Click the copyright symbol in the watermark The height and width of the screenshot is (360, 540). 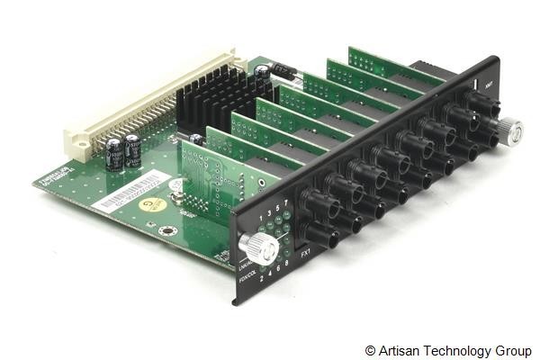click(370, 349)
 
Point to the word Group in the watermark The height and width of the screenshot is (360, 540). click(511, 349)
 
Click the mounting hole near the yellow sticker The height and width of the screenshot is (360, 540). click(166, 230)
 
